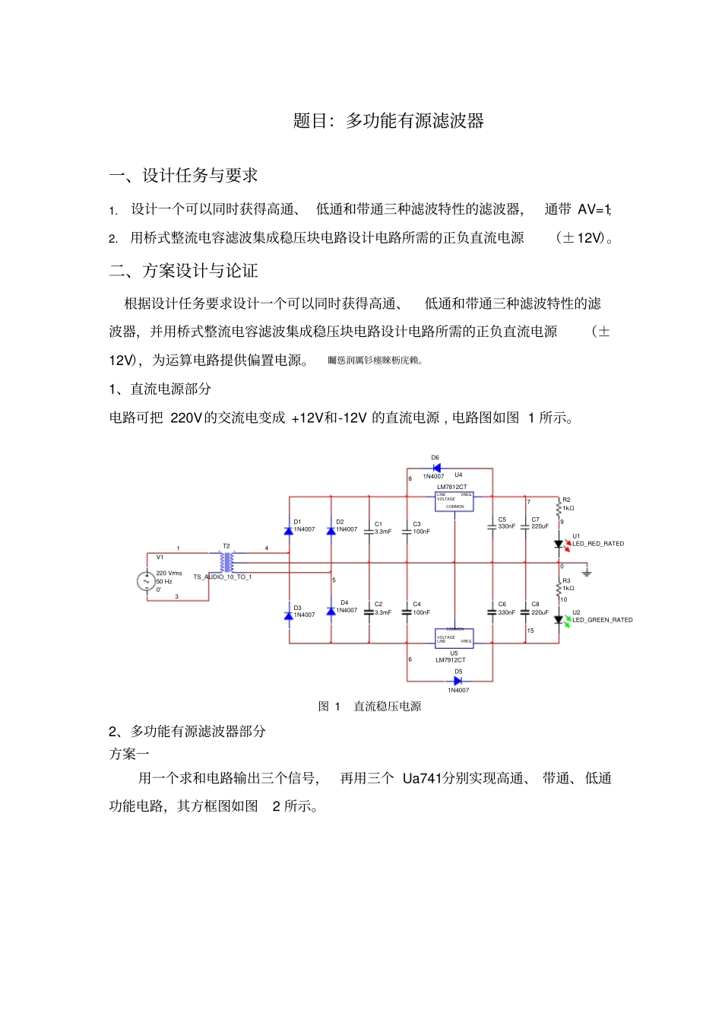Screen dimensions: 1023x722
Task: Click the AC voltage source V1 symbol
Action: pyautogui.click(x=146, y=581)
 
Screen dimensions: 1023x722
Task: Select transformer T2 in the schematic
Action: pyautogui.click(x=226, y=562)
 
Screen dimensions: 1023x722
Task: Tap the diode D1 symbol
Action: pyautogui.click(x=289, y=530)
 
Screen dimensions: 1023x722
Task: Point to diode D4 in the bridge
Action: pyautogui.click(x=331, y=611)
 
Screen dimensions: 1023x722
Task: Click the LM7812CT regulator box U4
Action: pyautogui.click(x=454, y=500)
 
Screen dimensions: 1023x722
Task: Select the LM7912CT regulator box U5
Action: pyautogui.click(x=454, y=637)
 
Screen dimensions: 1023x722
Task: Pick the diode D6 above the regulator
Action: pyautogui.click(x=436, y=468)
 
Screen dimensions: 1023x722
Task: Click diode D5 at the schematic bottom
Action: pyautogui.click(x=458, y=681)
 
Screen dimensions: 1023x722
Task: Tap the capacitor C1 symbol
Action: pyautogui.click(x=369, y=531)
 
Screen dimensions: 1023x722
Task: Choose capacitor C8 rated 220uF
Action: pyautogui.click(x=525, y=612)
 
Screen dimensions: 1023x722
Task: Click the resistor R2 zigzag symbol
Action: pyautogui.click(x=559, y=508)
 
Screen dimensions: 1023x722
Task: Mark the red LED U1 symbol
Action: pyautogui.click(x=559, y=544)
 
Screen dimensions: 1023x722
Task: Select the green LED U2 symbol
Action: pyautogui.click(x=559, y=620)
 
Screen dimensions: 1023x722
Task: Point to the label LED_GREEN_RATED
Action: pyautogui.click(x=603, y=620)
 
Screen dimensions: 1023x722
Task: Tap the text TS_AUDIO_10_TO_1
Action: pyautogui.click(x=222, y=577)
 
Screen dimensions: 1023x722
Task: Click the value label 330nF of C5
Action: pyautogui.click(x=506, y=526)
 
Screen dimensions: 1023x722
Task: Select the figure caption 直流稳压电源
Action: pyautogui.click(x=388, y=706)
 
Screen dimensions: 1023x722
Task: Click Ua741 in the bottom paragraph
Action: pyautogui.click(x=423, y=778)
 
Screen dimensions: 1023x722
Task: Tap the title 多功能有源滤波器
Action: pyautogui.click(x=415, y=120)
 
